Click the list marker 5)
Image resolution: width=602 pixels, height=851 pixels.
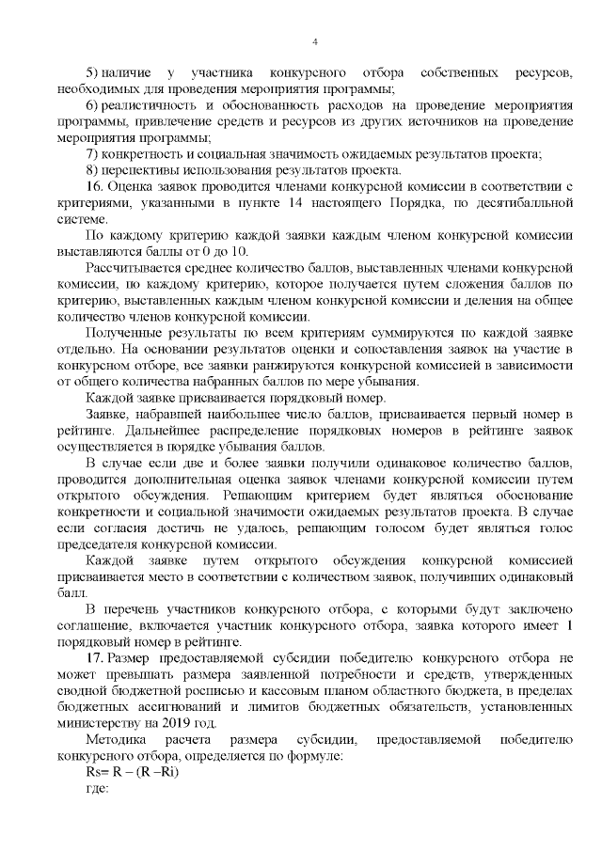point(92,72)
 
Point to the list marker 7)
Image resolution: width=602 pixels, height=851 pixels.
point(92,154)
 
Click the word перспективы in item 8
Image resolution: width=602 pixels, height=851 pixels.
point(144,170)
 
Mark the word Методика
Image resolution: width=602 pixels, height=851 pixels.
point(115,740)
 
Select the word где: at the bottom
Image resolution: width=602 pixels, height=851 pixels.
point(98,789)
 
